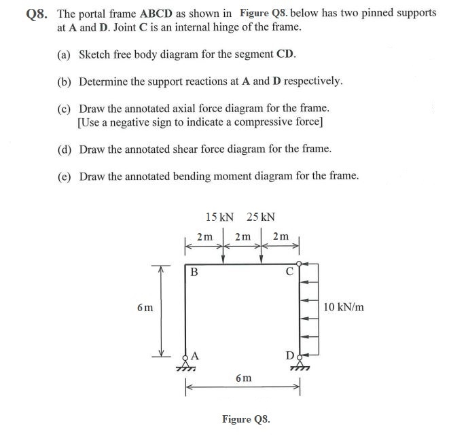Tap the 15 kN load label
(x=219, y=217)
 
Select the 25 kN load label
(x=261, y=217)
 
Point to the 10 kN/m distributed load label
(x=344, y=307)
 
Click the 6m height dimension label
(x=144, y=307)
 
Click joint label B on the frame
(x=194, y=273)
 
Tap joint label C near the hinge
(x=289, y=273)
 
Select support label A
(x=195, y=355)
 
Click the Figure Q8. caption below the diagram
(x=246, y=419)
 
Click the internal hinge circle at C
(x=300, y=264)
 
